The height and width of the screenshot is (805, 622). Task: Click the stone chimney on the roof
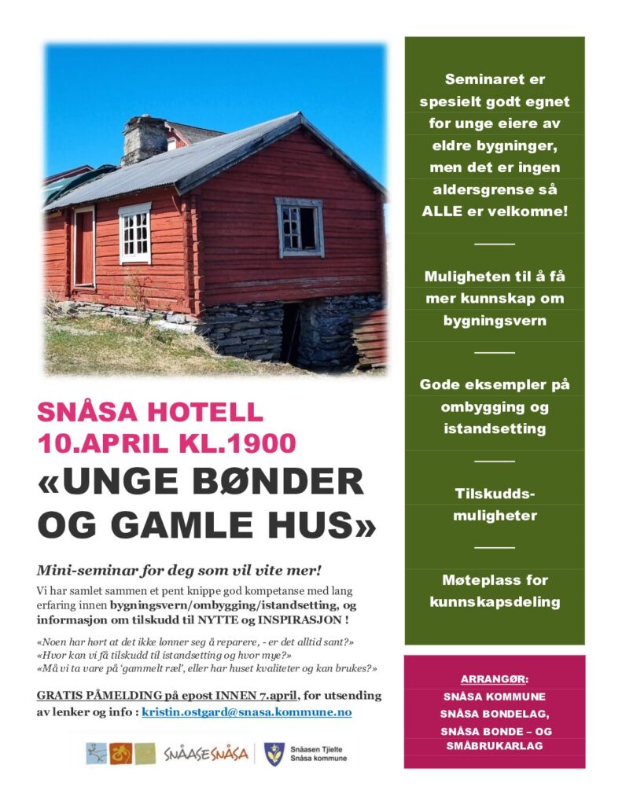click(x=144, y=140)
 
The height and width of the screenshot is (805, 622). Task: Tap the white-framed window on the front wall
click(x=134, y=233)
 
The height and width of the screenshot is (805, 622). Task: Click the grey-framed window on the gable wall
click(x=299, y=226)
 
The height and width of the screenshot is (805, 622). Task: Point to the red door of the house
click(x=84, y=247)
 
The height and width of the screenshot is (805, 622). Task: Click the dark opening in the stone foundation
click(x=290, y=333)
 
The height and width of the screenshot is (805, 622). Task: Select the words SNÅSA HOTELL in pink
click(x=150, y=412)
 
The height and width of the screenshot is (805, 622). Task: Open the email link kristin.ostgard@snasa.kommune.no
click(x=246, y=712)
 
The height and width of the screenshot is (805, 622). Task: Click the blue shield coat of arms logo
click(x=274, y=753)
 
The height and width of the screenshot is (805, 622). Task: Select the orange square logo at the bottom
click(x=120, y=753)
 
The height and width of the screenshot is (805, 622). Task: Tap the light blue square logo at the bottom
click(x=96, y=753)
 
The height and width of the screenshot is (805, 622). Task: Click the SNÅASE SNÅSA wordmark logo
click(x=206, y=754)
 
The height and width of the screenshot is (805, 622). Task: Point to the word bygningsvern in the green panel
click(x=495, y=321)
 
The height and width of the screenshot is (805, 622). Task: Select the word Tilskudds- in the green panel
click(x=495, y=494)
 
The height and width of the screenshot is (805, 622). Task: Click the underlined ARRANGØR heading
click(x=494, y=678)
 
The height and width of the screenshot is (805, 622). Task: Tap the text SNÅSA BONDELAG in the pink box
click(x=494, y=713)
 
